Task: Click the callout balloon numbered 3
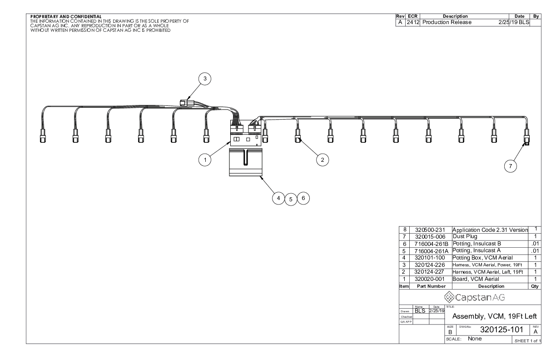point(205,79)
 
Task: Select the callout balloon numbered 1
point(205,160)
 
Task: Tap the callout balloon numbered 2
point(322,160)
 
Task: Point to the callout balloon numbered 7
point(511,166)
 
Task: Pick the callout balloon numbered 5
point(291,199)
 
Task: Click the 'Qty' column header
point(536,286)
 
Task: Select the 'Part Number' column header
point(429,286)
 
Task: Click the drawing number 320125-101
point(493,329)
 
